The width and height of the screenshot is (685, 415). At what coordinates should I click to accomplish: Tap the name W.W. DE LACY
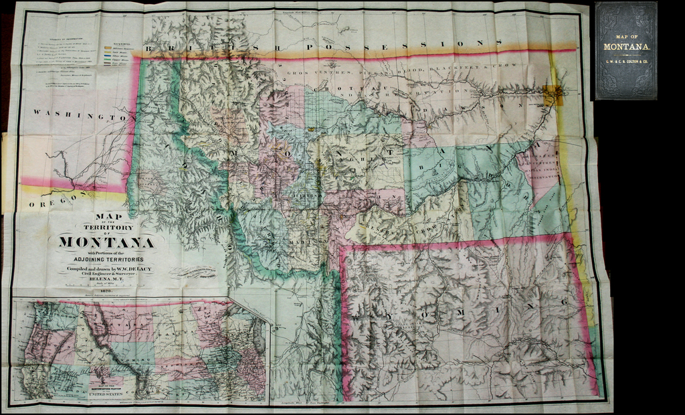[132, 268]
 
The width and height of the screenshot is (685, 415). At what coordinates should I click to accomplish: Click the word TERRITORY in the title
[106, 226]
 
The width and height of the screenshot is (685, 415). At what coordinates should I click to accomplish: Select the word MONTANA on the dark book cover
[626, 46]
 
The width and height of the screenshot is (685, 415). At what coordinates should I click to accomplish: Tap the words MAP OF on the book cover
[626, 36]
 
